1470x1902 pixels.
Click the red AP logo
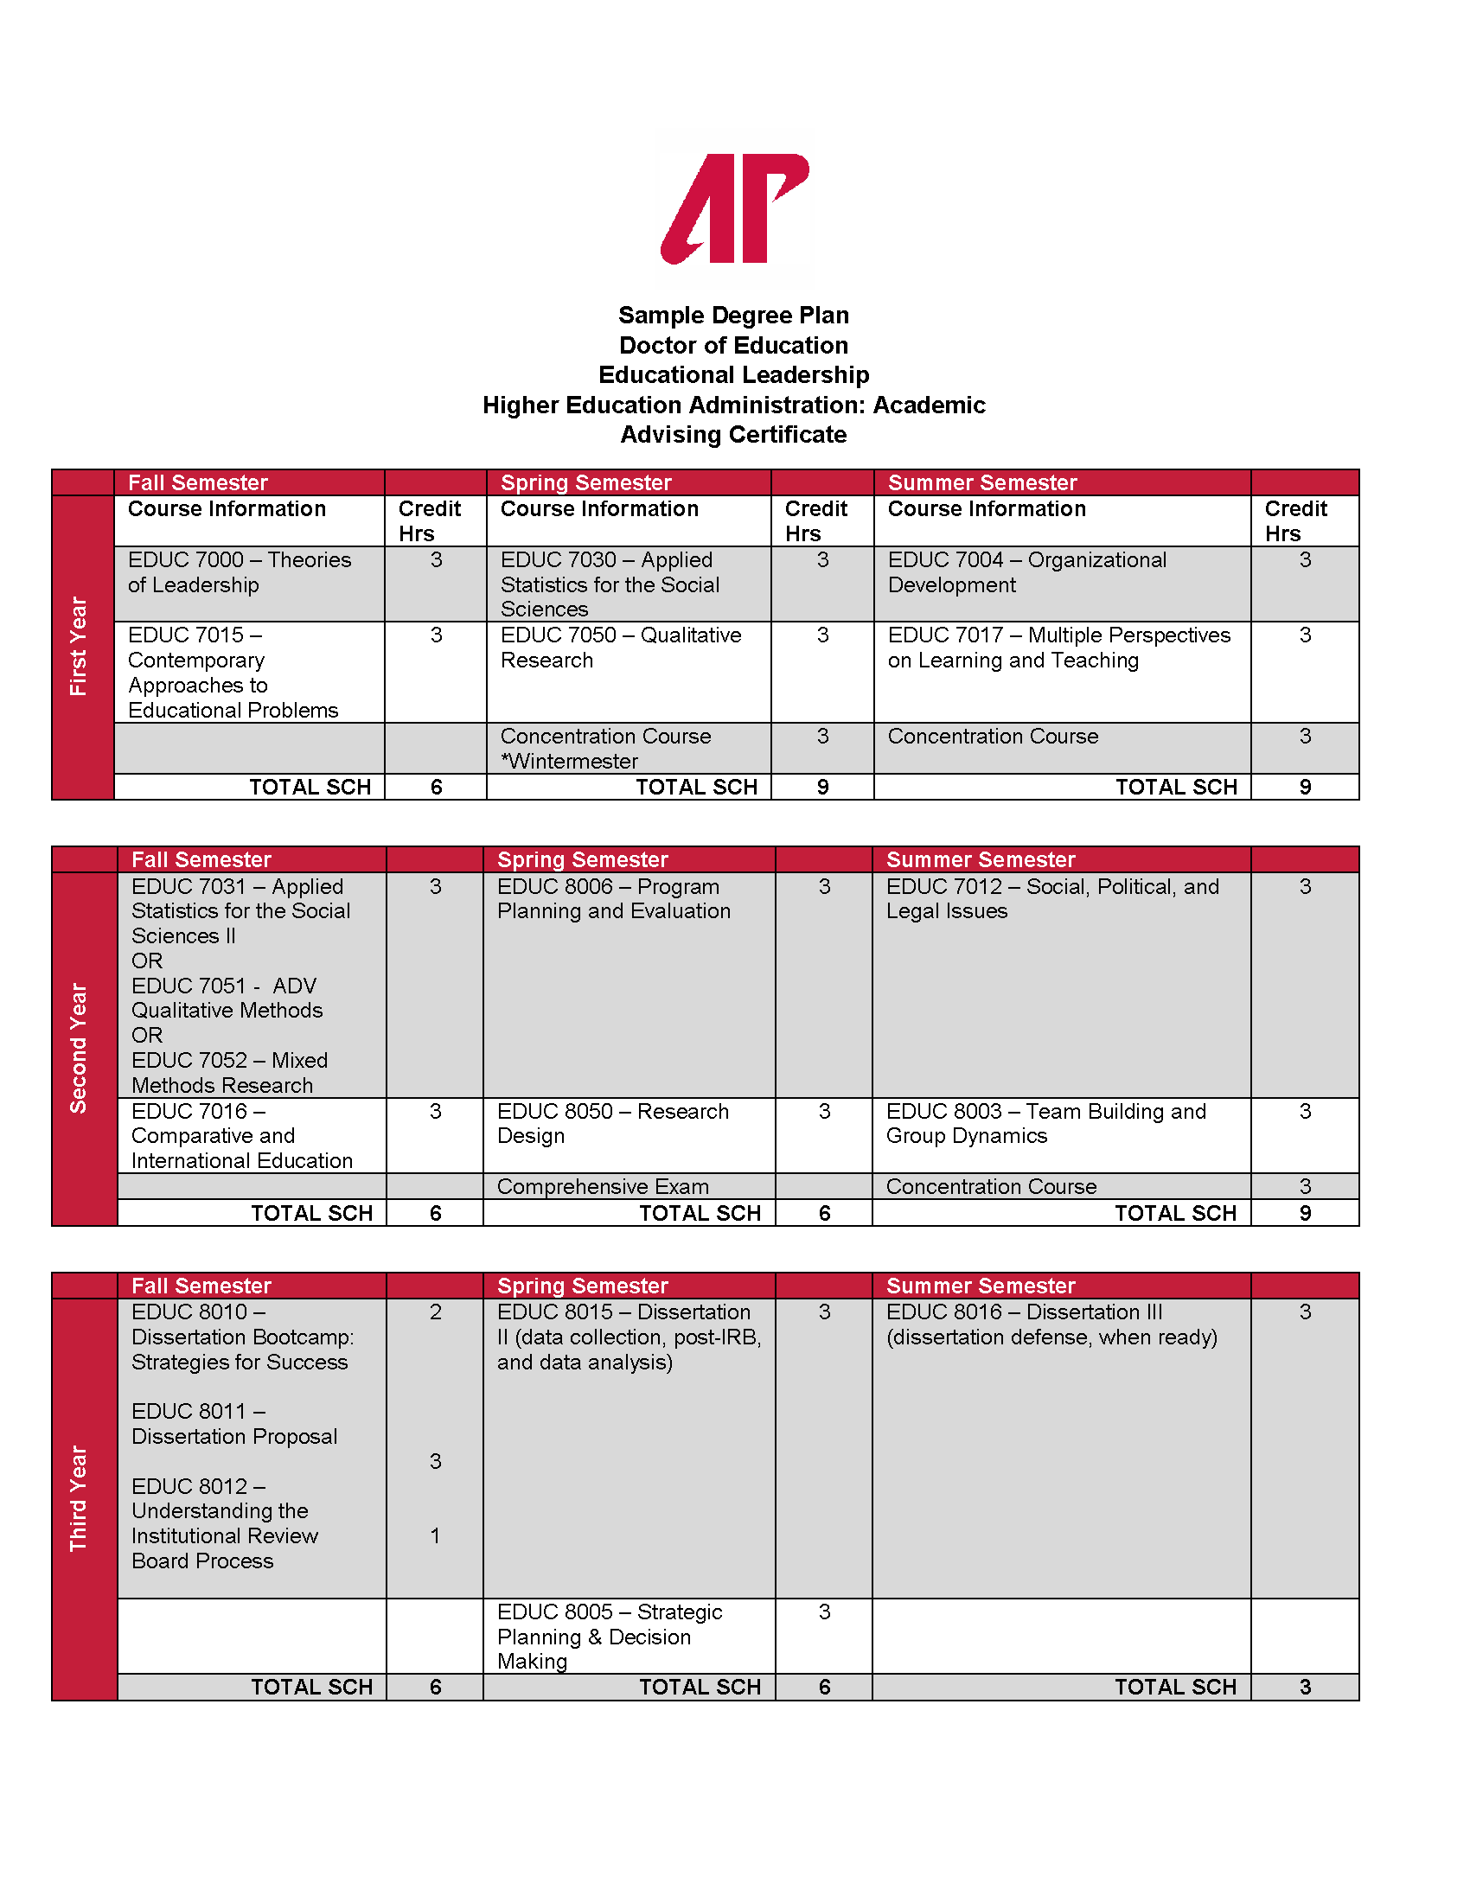735,208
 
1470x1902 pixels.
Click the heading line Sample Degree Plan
733,316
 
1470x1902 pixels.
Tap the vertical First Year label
79,646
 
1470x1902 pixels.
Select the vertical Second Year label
79,1048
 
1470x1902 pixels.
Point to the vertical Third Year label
79,1498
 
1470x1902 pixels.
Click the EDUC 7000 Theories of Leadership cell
240,572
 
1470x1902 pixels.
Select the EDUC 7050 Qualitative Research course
620,648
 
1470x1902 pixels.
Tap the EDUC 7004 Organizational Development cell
1026,572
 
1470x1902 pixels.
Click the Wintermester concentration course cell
605,748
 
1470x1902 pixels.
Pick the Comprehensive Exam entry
603,1186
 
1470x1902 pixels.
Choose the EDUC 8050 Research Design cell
612,1123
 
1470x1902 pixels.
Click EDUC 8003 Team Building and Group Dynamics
1046,1123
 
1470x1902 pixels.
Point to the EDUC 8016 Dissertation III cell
1051,1324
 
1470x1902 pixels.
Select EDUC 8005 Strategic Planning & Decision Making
610,1637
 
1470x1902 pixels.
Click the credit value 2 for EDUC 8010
436,1312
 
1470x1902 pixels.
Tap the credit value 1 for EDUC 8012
436,1536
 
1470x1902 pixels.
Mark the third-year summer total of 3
1305,1687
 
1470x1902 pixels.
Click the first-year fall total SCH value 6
437,788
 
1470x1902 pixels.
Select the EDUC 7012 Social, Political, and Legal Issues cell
1052,899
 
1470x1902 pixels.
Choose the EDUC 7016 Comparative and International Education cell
242,1136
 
